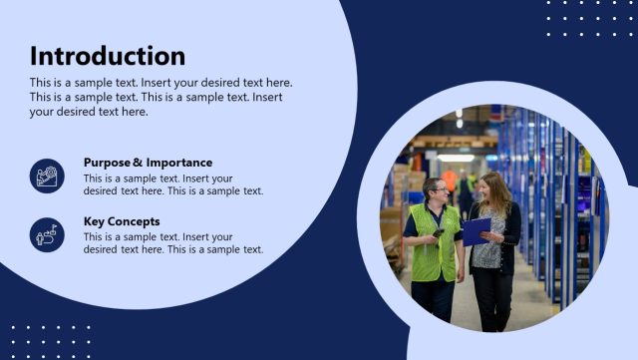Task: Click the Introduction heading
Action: click(108, 56)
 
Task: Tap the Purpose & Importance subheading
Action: click(148, 163)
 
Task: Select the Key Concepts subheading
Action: click(122, 221)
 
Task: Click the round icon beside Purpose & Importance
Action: click(47, 176)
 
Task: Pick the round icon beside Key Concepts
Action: click(47, 235)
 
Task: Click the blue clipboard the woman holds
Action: click(476, 230)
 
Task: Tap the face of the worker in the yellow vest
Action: click(436, 190)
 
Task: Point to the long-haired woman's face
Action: click(490, 186)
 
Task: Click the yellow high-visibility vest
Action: click(436, 244)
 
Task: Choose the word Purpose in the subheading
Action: click(107, 163)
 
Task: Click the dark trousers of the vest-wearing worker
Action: click(434, 301)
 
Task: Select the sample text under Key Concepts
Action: click(173, 243)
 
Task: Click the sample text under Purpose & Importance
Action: click(173, 184)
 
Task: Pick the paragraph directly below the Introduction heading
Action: click(159, 97)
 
